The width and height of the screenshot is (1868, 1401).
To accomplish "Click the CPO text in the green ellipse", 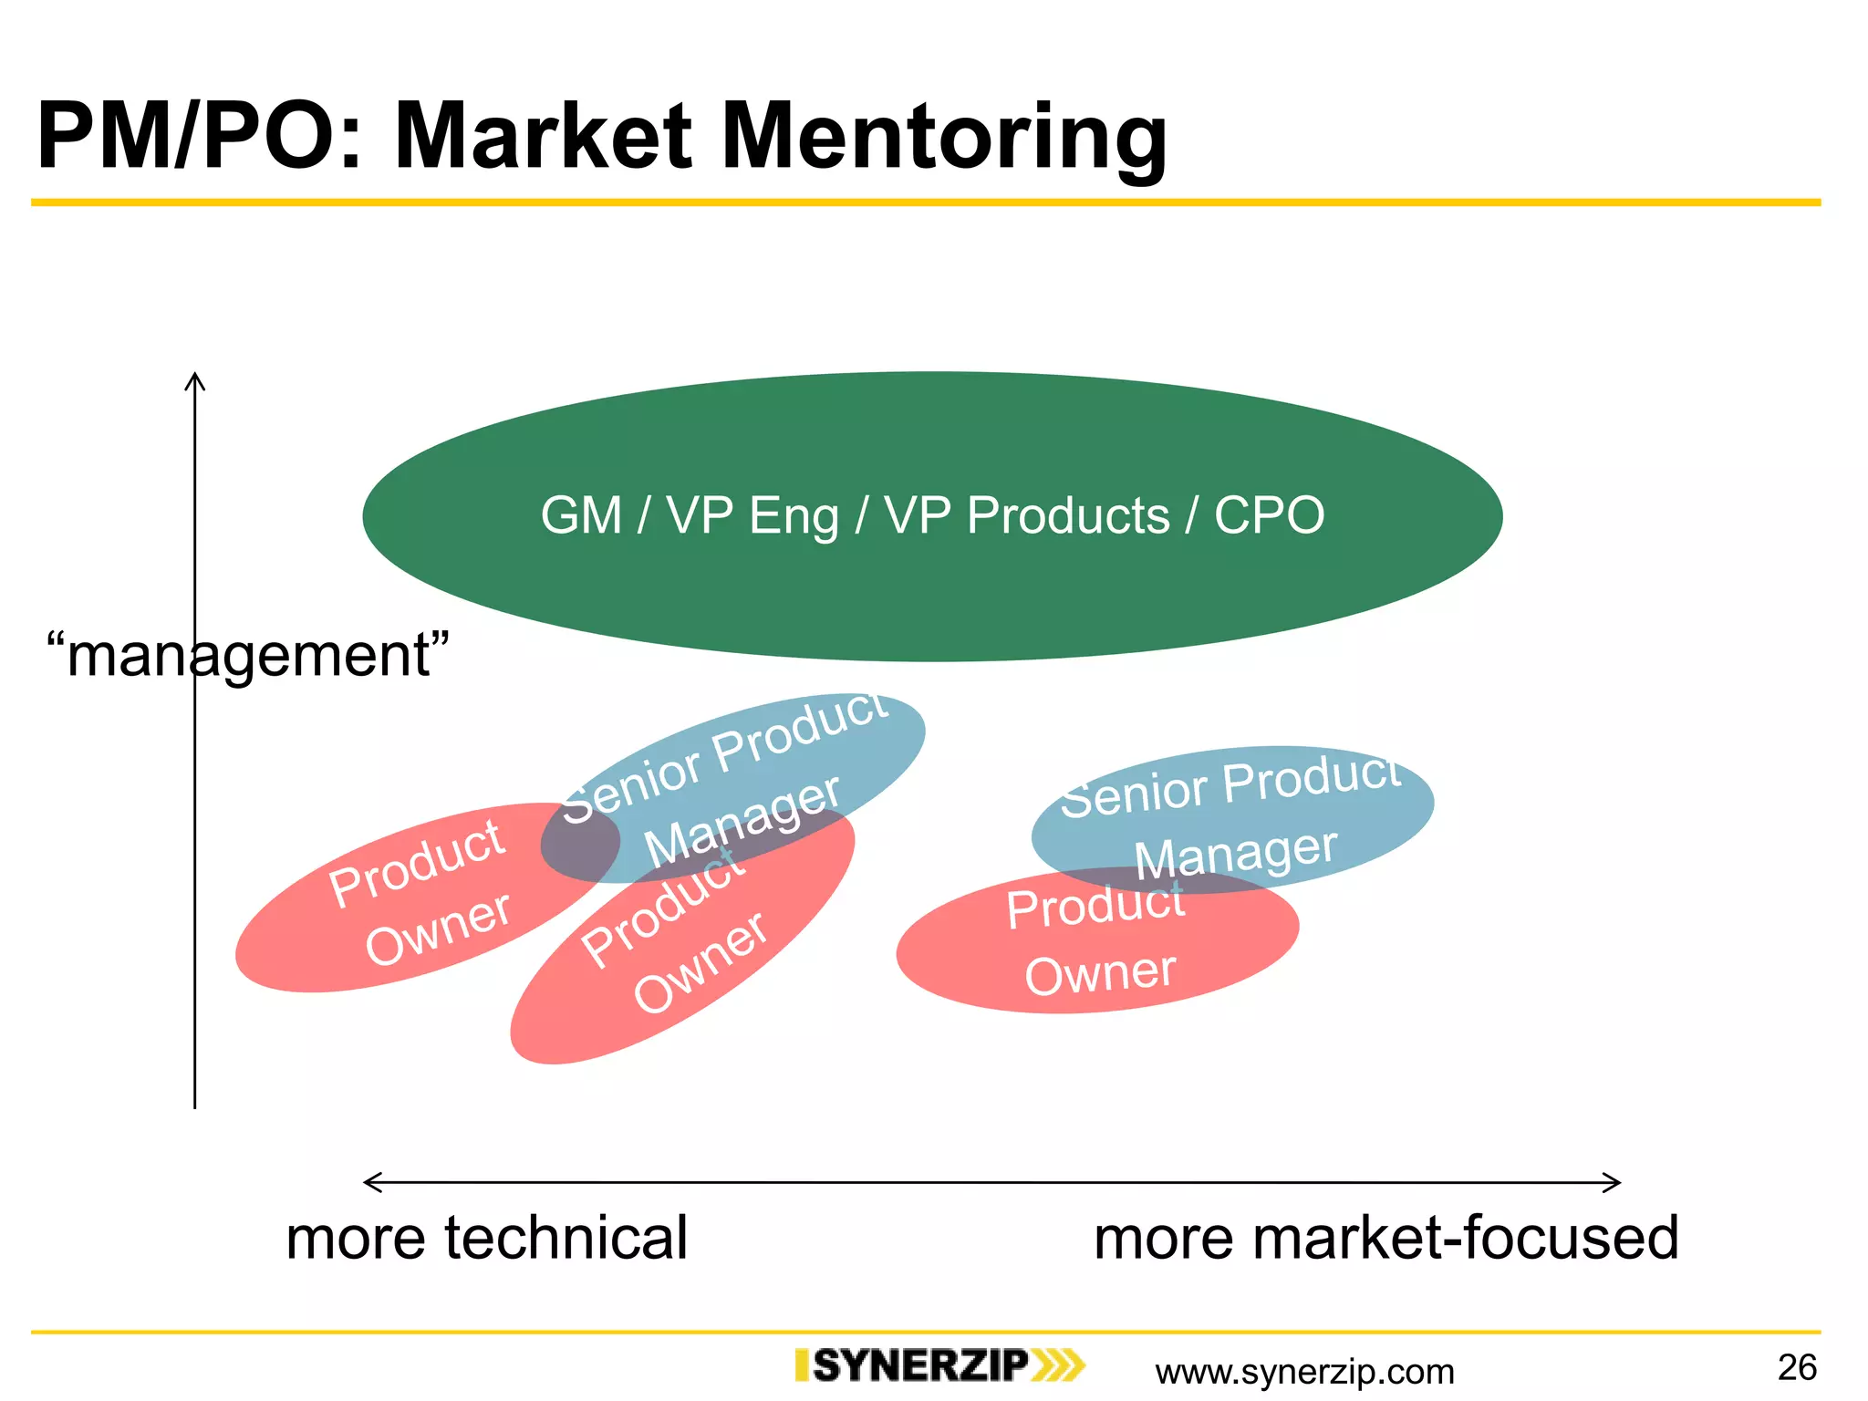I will [x=1269, y=515].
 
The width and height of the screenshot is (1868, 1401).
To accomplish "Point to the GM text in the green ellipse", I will [x=581, y=515].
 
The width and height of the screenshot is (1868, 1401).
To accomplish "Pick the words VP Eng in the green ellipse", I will [x=752, y=516].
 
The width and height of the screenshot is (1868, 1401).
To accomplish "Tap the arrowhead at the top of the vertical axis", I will [x=194, y=380].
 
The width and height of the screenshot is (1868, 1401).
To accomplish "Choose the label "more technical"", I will [x=486, y=1238].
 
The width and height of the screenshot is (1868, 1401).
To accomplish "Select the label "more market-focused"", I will [x=1385, y=1238].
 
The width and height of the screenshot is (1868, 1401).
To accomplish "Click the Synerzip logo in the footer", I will [x=939, y=1366].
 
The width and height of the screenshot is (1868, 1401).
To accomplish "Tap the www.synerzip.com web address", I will [x=1304, y=1371].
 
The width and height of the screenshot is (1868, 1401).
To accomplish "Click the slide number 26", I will [x=1797, y=1367].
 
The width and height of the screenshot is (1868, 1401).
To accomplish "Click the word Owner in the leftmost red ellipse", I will [x=438, y=928].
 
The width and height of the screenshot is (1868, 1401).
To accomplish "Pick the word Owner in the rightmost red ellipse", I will [x=1100, y=972].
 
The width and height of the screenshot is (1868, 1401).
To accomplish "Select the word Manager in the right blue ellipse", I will [x=1236, y=854].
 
